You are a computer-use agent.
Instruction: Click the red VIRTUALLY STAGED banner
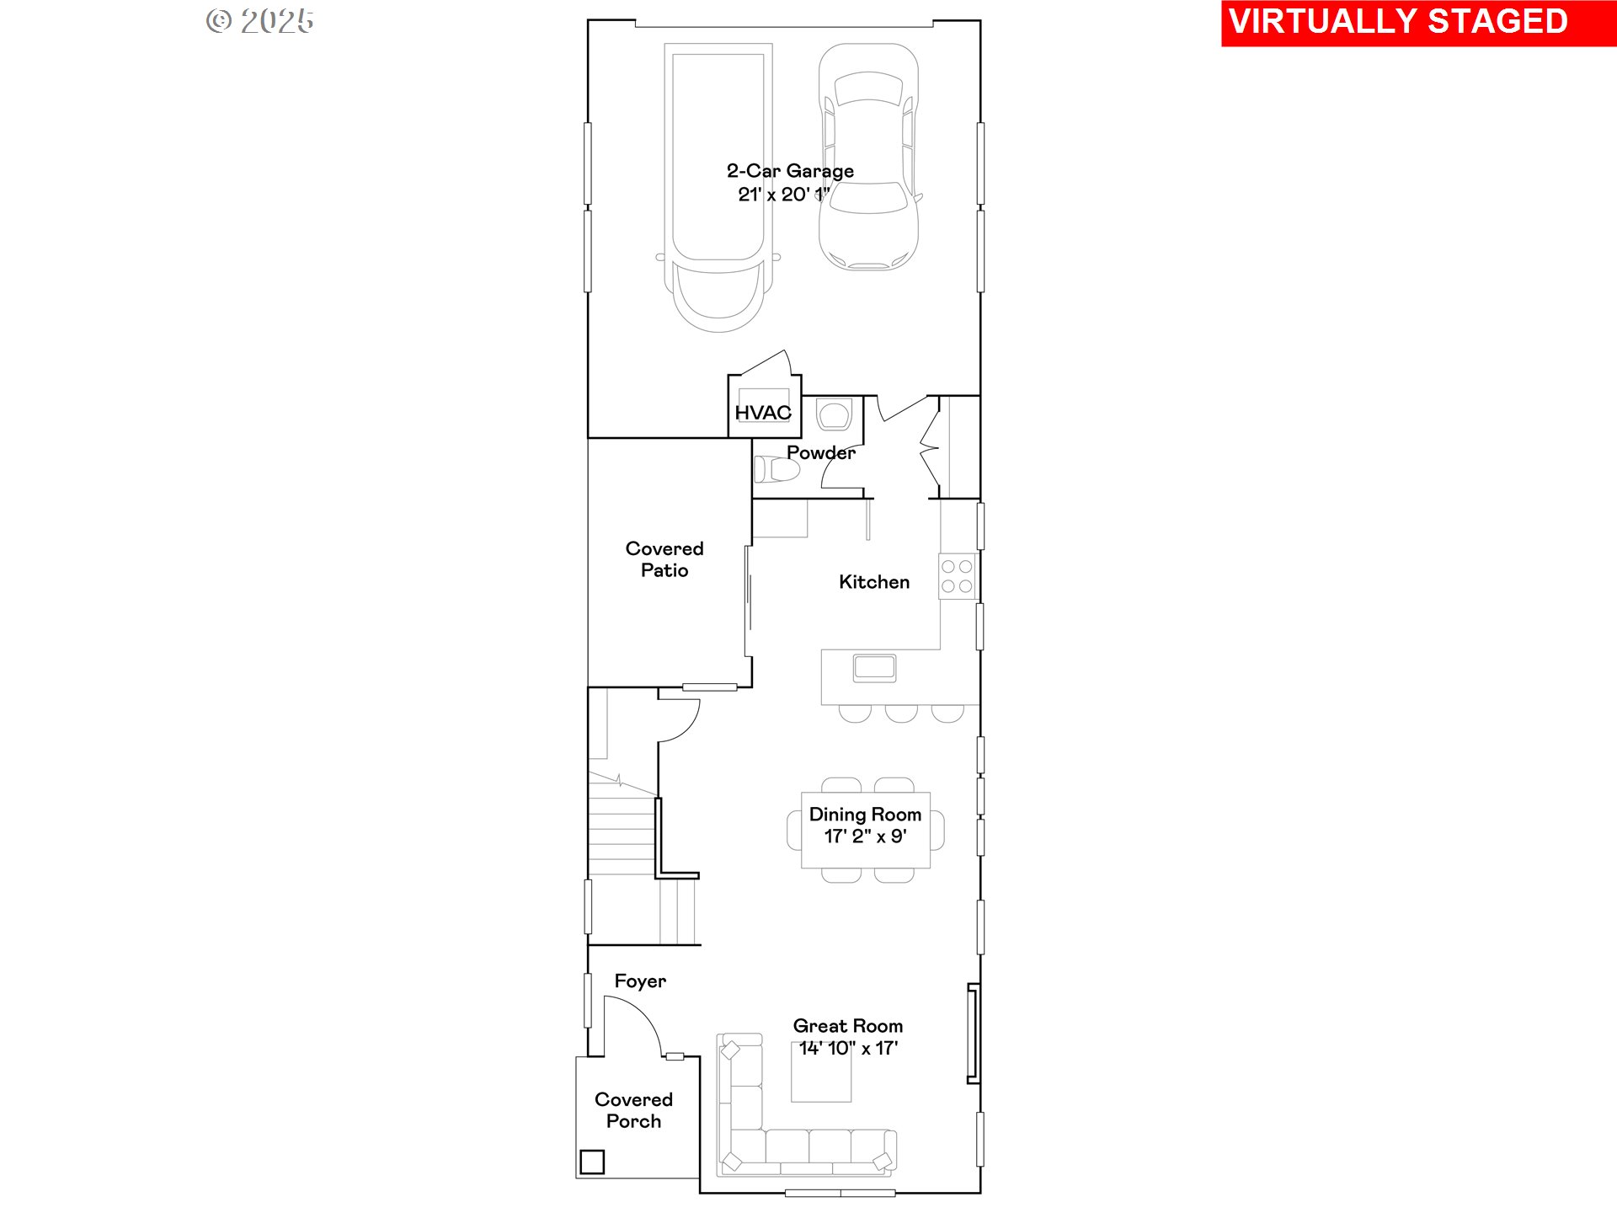(x=1418, y=23)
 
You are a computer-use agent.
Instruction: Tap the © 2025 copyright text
(x=260, y=21)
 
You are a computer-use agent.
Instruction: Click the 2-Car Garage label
(x=790, y=171)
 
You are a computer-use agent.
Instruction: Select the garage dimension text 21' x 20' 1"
(x=784, y=195)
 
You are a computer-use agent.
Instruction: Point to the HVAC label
(x=763, y=413)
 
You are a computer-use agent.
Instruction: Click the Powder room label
(x=821, y=452)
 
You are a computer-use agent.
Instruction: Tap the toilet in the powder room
(x=776, y=468)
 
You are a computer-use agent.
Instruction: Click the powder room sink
(x=834, y=414)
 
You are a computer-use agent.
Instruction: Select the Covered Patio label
(x=664, y=559)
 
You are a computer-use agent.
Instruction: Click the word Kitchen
(x=874, y=582)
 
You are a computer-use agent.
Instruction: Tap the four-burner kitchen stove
(x=957, y=576)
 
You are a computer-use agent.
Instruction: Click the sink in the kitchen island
(x=874, y=668)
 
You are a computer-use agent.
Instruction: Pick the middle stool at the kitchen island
(x=901, y=713)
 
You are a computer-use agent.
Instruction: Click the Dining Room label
(x=865, y=815)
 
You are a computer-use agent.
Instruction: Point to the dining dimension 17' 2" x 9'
(x=865, y=836)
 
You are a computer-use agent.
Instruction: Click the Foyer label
(x=640, y=981)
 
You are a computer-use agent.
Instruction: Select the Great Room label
(x=847, y=1026)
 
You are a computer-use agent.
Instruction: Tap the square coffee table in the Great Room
(x=821, y=1071)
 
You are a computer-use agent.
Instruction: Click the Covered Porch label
(x=633, y=1110)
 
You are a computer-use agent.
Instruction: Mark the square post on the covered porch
(x=592, y=1162)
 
